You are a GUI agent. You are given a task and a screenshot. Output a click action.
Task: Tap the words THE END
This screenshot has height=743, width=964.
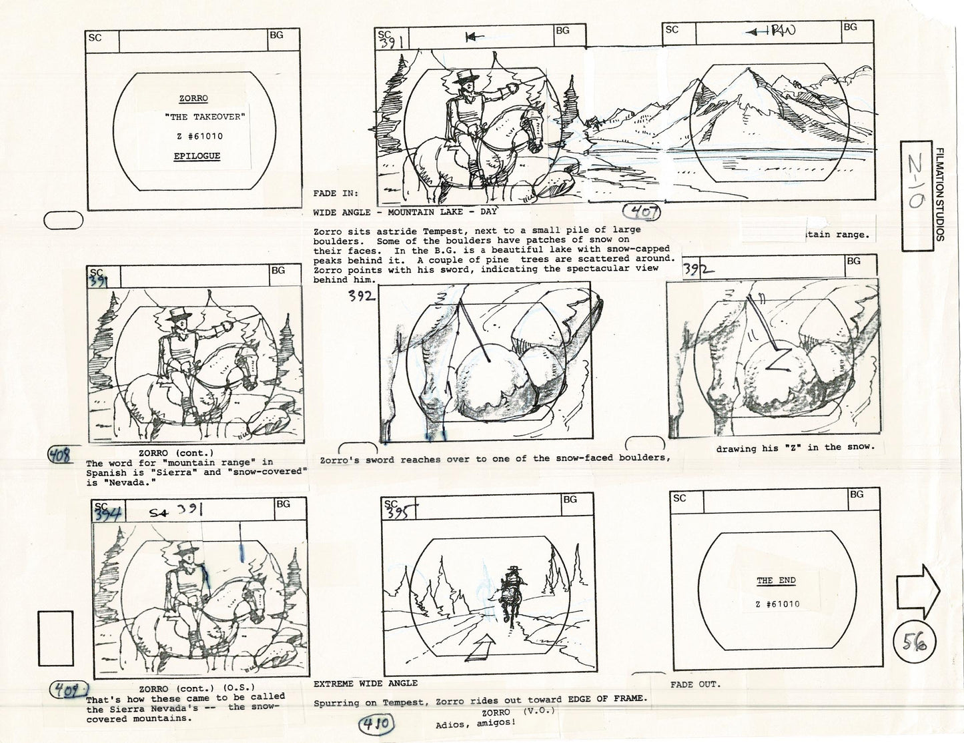click(x=776, y=580)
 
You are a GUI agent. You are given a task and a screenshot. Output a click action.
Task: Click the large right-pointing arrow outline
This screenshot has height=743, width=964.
click(x=918, y=591)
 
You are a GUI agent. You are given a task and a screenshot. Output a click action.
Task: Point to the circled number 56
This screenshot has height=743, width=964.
click(x=915, y=643)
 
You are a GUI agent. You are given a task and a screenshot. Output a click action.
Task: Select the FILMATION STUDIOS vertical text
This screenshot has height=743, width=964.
click(x=940, y=195)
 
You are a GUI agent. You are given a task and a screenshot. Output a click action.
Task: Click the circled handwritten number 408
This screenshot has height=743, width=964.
click(x=61, y=455)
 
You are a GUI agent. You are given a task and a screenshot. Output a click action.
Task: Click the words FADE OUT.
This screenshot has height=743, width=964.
click(x=695, y=684)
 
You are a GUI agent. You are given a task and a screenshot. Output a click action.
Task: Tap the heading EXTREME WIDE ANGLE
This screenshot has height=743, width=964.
click(x=366, y=684)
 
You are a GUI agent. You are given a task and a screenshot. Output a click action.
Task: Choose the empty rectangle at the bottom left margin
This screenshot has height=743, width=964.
click(x=55, y=638)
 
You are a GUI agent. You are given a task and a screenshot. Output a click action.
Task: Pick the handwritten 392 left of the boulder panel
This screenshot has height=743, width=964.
click(x=362, y=297)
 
